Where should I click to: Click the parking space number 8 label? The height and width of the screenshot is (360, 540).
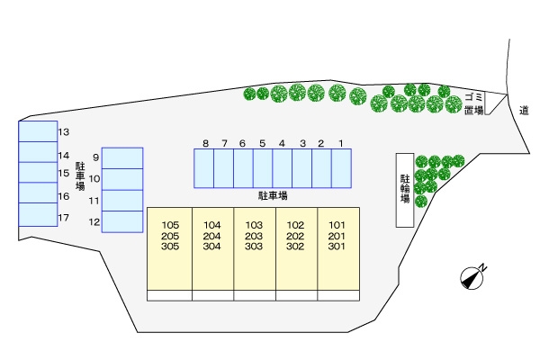(x=205, y=143)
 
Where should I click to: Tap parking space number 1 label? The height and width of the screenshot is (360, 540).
(x=341, y=143)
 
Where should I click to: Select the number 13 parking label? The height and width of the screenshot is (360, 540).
(x=64, y=132)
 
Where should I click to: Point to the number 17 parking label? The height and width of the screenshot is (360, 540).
(x=64, y=218)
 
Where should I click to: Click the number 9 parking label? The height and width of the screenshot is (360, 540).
(x=94, y=157)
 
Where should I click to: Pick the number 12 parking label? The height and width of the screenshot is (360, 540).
(x=94, y=221)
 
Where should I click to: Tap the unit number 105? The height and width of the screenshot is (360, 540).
(x=171, y=225)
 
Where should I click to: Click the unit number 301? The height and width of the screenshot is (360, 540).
(x=337, y=246)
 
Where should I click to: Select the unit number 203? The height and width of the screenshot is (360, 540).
(x=254, y=236)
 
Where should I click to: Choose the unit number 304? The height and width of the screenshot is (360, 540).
(x=212, y=246)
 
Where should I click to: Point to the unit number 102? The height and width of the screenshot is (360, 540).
(x=295, y=225)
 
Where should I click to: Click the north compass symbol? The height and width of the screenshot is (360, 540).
(x=472, y=277)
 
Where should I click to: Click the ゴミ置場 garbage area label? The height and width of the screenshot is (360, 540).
(x=474, y=103)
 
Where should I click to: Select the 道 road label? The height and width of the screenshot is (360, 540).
(x=524, y=110)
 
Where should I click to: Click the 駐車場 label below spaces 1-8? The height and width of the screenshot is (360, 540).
(x=272, y=194)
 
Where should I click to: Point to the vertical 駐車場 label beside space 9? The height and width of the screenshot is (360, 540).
(x=80, y=175)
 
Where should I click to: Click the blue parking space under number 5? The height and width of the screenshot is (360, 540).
(x=263, y=168)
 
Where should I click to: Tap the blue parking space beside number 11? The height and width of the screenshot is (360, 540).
(x=122, y=201)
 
